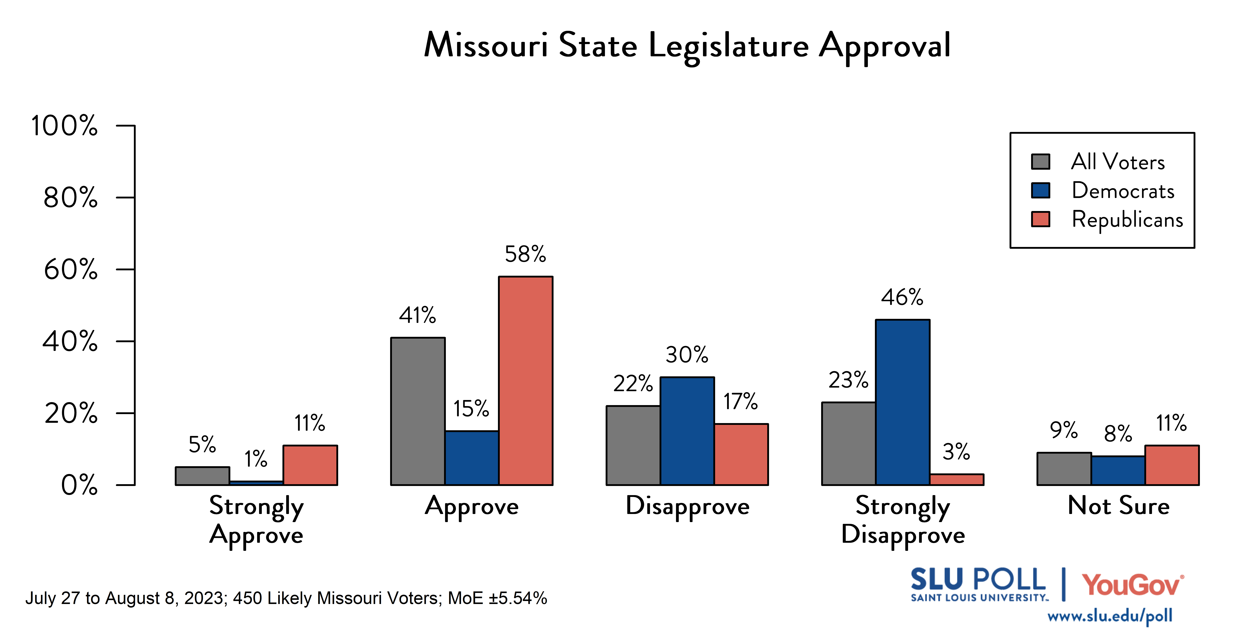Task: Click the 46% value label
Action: (x=902, y=297)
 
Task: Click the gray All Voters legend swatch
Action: (x=1040, y=162)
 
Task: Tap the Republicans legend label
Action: (x=1127, y=219)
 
